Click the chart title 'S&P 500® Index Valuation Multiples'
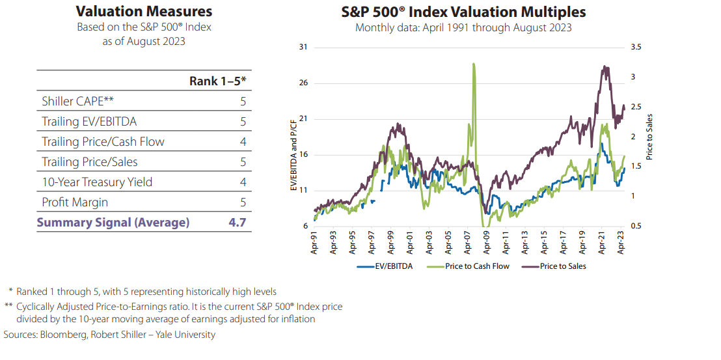click(x=463, y=12)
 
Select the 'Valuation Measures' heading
click(x=144, y=12)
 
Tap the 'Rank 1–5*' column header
click(x=217, y=81)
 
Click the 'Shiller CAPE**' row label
click(x=77, y=101)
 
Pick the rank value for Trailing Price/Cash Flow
click(x=242, y=141)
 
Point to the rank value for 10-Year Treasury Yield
click(x=242, y=182)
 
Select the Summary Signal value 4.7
click(x=237, y=222)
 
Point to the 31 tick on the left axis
click(x=303, y=48)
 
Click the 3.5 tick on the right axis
click(x=636, y=48)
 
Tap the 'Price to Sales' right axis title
click(x=649, y=137)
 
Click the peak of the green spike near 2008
click(x=474, y=64)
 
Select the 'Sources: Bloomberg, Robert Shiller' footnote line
click(x=109, y=335)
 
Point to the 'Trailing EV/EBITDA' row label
click(x=89, y=121)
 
